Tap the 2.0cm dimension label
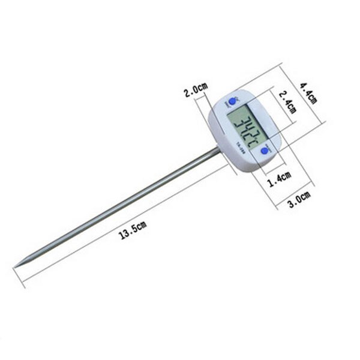[x=196, y=92]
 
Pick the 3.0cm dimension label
[x=298, y=199]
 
